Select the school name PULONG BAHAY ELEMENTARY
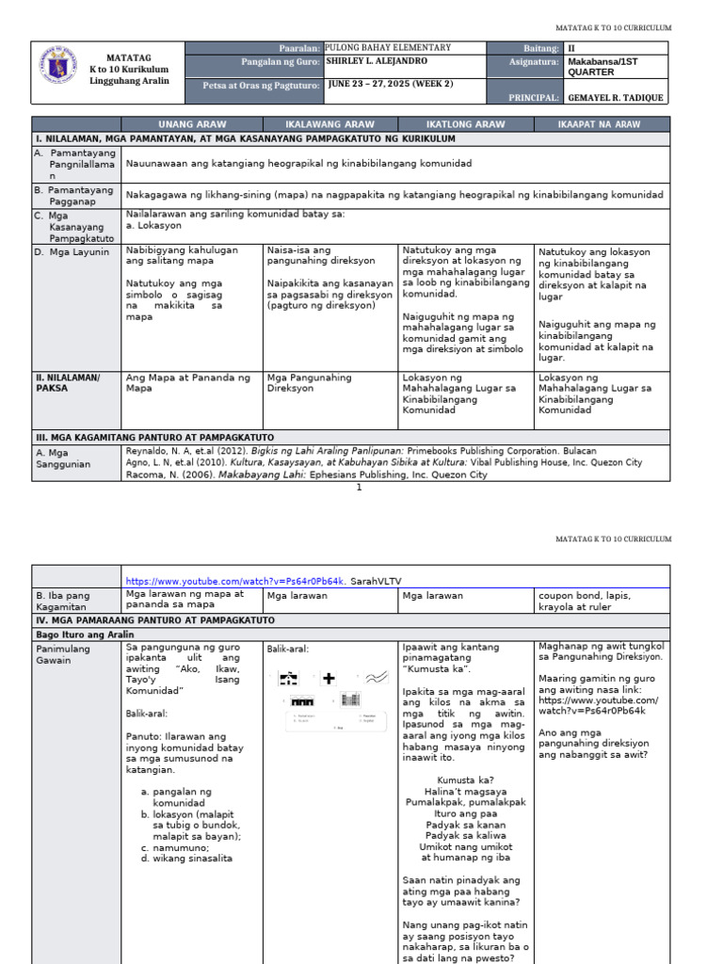click(388, 48)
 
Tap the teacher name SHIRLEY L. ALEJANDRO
click(377, 61)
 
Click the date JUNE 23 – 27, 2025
click(390, 84)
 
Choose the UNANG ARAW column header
click(193, 124)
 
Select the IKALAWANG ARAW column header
click(329, 124)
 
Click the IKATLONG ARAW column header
click(465, 124)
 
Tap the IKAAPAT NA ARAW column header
click(602, 124)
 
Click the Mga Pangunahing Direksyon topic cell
click(310, 382)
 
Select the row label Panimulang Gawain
click(65, 654)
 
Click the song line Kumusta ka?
click(466, 779)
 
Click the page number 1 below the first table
click(359, 487)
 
